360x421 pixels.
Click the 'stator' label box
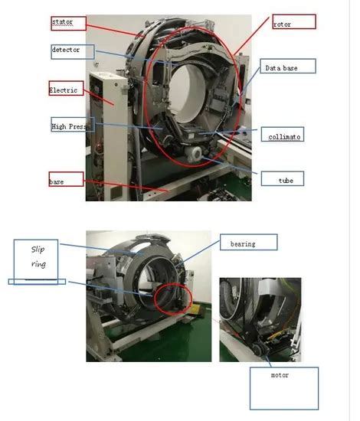[x=67, y=22]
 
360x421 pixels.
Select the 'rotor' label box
[x=293, y=22]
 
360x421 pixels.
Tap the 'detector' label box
[x=71, y=51]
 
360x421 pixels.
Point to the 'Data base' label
[x=286, y=68]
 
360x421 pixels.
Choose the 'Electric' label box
[x=67, y=89]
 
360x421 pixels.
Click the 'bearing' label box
[x=247, y=243]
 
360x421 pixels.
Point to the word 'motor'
[x=280, y=376]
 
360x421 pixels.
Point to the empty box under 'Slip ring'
[x=37, y=282]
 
